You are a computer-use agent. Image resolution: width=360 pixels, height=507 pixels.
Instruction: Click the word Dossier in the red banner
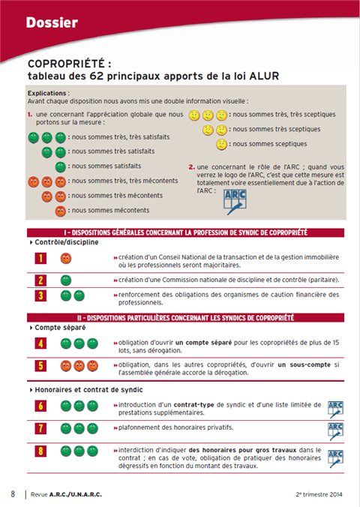pos(52,22)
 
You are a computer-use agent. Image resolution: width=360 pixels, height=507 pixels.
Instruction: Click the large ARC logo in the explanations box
pos(235,202)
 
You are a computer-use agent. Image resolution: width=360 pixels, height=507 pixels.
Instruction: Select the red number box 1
pos(40,258)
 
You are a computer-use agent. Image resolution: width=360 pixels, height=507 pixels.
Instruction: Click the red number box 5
pos(40,366)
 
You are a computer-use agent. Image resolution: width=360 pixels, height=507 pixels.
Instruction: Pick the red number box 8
pos(40,451)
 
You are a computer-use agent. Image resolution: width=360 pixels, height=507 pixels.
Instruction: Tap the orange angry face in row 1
pos(66,258)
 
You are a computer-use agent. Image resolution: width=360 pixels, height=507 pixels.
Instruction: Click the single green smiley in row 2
pos(66,280)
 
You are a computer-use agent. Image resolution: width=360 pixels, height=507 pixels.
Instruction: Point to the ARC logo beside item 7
pos(335,431)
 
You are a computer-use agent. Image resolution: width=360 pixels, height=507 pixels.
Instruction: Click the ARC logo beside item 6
pos(335,409)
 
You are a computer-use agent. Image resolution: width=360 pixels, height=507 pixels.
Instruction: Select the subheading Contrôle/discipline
pos(67,242)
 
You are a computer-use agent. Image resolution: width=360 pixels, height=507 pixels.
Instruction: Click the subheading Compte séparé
pos(60,328)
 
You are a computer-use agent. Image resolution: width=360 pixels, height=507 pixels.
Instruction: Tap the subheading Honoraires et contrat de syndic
pos(89,390)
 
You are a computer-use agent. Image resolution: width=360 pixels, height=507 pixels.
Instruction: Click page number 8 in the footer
pos(13,494)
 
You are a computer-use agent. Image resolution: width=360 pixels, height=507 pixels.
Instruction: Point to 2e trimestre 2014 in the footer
pos(319,494)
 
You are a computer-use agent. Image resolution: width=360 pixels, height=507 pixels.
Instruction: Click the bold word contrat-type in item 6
pos(193,405)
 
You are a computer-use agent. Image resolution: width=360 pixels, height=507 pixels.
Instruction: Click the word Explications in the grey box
pos(47,93)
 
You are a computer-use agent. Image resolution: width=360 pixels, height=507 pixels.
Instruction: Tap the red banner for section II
pos(185,318)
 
